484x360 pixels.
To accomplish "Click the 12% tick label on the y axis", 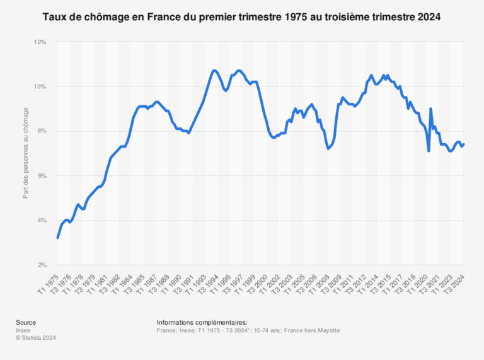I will [40, 42].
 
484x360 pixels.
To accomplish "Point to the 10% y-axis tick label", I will [40, 86].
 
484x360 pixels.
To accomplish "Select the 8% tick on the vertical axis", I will [42, 131].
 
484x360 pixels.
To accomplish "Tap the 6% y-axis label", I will [42, 176].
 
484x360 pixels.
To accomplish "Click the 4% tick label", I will [42, 221].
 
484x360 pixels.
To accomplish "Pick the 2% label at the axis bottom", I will [42, 265].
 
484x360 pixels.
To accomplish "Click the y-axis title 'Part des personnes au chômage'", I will [26, 154].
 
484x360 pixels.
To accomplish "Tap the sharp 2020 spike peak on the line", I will [430, 108].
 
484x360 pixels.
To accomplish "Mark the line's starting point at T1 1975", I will [57, 238].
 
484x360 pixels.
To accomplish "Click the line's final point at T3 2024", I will [464, 144].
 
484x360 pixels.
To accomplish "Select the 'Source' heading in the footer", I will [26, 322].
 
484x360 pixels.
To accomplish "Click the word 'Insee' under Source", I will [23, 330].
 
